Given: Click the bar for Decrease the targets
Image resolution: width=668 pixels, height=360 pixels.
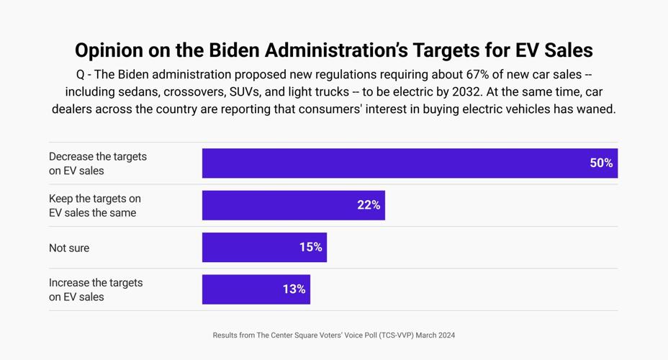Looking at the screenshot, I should [x=410, y=163].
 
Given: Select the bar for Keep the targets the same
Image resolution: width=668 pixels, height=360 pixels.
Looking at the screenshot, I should [x=293, y=205].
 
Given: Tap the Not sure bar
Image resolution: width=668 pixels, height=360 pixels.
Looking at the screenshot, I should [x=264, y=248].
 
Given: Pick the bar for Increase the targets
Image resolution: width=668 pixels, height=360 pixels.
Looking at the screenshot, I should [x=256, y=289].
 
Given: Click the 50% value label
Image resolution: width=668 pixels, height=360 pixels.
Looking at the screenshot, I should [x=601, y=163].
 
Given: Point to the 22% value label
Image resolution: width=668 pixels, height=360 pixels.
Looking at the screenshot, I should [x=369, y=205].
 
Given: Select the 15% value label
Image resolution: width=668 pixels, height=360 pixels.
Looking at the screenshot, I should [x=310, y=248].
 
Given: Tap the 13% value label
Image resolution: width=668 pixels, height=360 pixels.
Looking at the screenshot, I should [x=294, y=289].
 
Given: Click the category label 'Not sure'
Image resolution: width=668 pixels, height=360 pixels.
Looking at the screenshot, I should [x=69, y=248].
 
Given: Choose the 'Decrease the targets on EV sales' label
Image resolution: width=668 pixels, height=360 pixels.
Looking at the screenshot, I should [x=97, y=163].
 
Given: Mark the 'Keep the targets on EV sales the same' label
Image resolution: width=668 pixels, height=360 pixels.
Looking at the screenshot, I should [x=94, y=205].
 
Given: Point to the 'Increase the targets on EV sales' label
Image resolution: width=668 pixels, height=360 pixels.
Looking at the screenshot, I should [x=96, y=289].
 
